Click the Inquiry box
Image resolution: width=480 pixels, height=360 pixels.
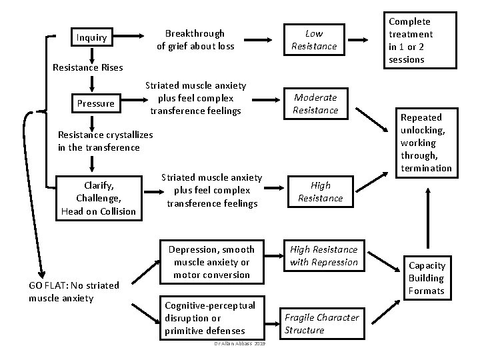coord(92,37)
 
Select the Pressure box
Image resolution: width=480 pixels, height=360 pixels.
coord(96,103)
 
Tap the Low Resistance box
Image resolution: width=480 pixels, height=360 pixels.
coord(315,39)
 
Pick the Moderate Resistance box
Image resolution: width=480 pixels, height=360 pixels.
coord(315,103)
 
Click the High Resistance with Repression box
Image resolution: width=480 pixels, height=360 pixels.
coord(324,255)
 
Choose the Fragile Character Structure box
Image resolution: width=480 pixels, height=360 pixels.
coord(322,323)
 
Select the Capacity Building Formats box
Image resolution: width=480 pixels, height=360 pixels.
coord(427,278)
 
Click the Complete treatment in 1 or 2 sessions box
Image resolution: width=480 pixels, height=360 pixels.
coord(420,40)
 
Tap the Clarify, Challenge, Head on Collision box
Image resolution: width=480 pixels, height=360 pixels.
coord(99,198)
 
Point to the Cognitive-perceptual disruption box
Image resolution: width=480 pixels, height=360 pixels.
coord(212,318)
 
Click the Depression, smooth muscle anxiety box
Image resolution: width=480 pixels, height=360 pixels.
coord(212,262)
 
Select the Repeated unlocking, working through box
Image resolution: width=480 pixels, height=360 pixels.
coord(427,143)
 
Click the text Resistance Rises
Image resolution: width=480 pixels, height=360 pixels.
coord(88,67)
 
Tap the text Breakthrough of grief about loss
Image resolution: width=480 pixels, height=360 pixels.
coord(195,40)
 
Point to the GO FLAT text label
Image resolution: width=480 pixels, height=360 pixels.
coord(74,291)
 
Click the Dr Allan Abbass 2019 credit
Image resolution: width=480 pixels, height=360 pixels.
coord(240,344)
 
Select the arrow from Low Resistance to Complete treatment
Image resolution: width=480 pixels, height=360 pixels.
coord(358,40)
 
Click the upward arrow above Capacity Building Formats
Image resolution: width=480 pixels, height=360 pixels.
coord(428,218)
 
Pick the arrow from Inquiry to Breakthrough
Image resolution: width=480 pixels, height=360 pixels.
coord(129,36)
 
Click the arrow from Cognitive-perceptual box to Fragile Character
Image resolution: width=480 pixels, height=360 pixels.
coord(273,324)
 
